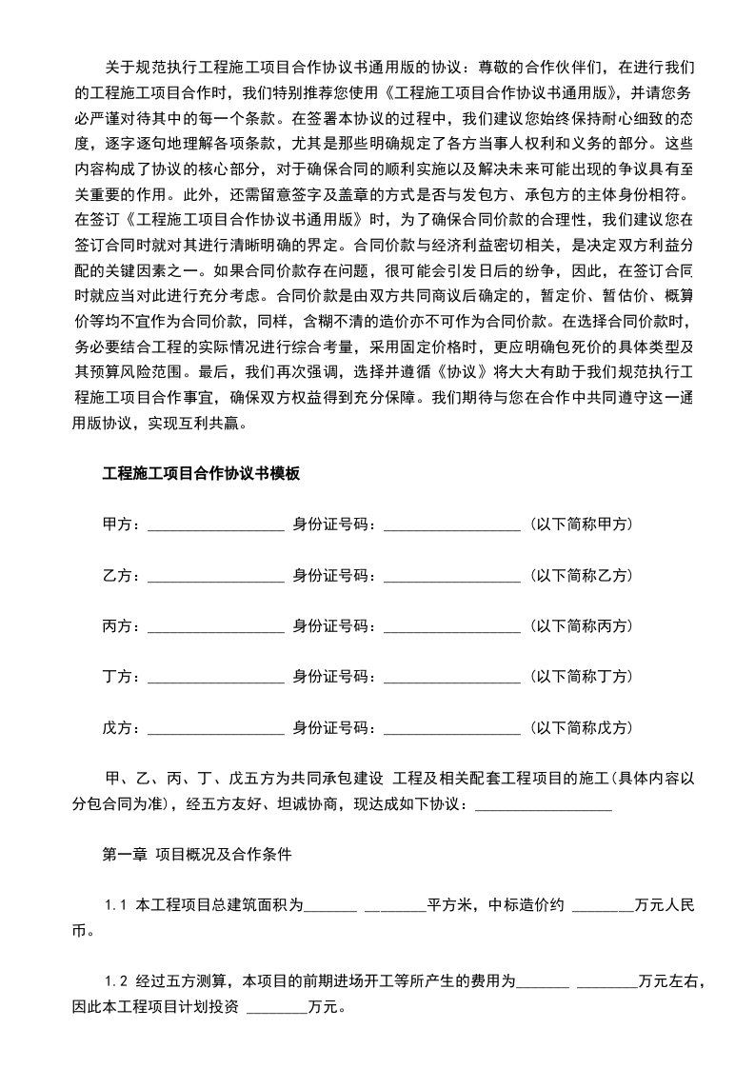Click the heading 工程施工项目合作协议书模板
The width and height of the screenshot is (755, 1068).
[x=201, y=472]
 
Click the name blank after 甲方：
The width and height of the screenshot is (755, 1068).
[x=215, y=524]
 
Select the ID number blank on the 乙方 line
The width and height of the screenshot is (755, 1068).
[x=451, y=576]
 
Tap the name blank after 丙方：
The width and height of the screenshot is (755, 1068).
[x=215, y=626]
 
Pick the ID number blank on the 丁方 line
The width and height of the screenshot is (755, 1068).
[x=451, y=677]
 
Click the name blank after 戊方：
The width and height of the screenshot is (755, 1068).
[x=215, y=728]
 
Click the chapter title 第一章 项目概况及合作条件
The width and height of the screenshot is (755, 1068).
[x=196, y=854]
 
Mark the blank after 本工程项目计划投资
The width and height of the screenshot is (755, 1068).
[x=276, y=1006]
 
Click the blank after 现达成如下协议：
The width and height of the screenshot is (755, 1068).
[x=542, y=804]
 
